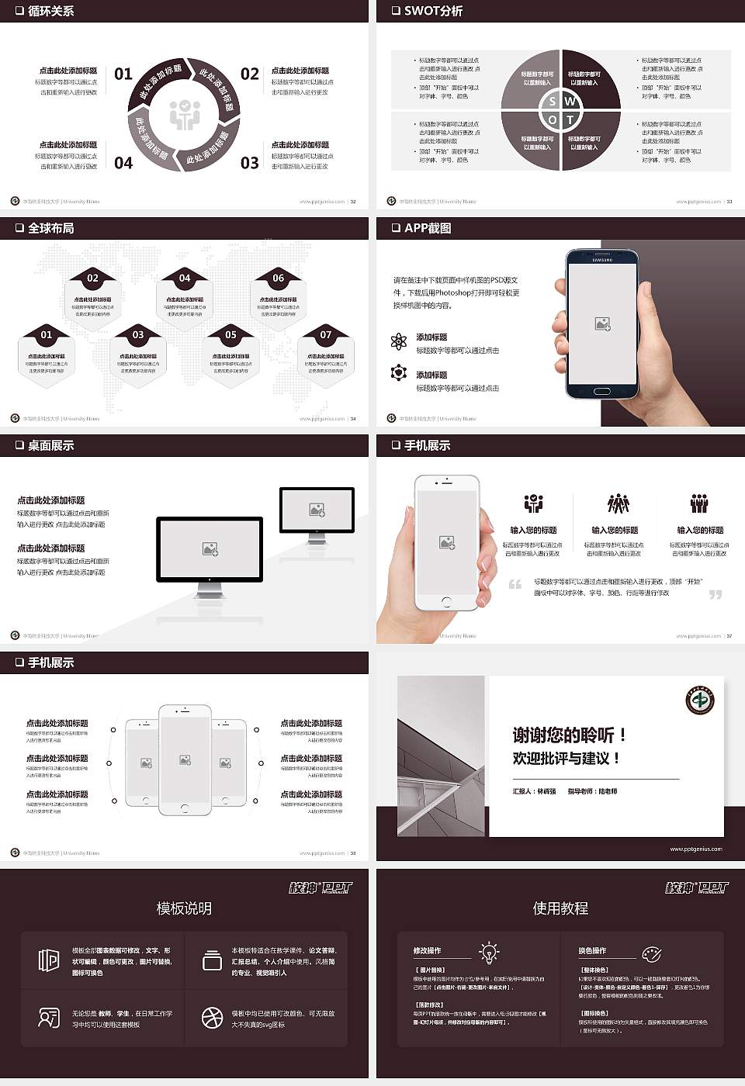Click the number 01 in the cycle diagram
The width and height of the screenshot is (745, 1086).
(x=123, y=74)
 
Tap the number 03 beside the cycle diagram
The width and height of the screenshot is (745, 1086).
(x=249, y=163)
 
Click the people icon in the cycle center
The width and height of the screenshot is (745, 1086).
(x=185, y=115)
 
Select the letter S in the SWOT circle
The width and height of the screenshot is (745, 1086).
(x=552, y=102)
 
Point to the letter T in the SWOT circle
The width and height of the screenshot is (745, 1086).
(x=570, y=120)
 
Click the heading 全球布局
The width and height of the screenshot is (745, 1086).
(x=50, y=228)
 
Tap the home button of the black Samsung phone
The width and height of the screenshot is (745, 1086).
(x=602, y=391)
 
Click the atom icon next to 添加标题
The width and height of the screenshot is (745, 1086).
(x=399, y=341)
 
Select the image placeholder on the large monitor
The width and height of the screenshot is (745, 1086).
(x=210, y=549)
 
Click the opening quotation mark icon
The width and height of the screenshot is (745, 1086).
(x=515, y=584)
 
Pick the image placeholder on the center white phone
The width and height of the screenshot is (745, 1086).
(x=185, y=760)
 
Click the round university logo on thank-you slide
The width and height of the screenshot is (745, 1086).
(x=699, y=700)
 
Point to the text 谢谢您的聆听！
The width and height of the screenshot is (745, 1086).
(x=569, y=735)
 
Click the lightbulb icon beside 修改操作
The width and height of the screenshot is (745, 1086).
(x=489, y=952)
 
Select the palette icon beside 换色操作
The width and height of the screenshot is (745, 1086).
(x=651, y=953)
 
